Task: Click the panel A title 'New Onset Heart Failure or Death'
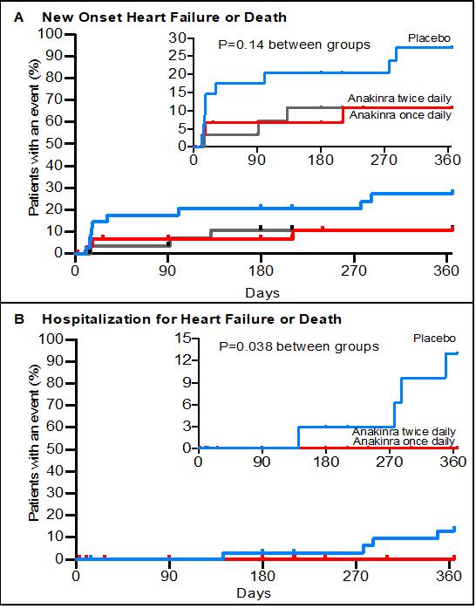click(164, 17)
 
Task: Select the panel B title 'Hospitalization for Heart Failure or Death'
click(192, 319)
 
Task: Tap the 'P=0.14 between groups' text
click(294, 44)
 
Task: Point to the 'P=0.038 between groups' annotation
click(299, 346)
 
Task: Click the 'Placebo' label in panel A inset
click(429, 38)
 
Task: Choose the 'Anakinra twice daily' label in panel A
click(399, 99)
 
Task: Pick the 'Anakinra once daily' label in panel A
click(401, 115)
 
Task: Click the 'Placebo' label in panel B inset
click(434, 339)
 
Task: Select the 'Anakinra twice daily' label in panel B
click(404, 432)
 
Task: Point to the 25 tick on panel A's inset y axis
click(176, 56)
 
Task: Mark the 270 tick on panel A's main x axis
click(353, 270)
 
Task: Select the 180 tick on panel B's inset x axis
click(325, 462)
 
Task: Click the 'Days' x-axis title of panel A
click(262, 292)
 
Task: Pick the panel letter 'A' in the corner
click(18, 17)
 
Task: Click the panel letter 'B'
click(18, 319)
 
